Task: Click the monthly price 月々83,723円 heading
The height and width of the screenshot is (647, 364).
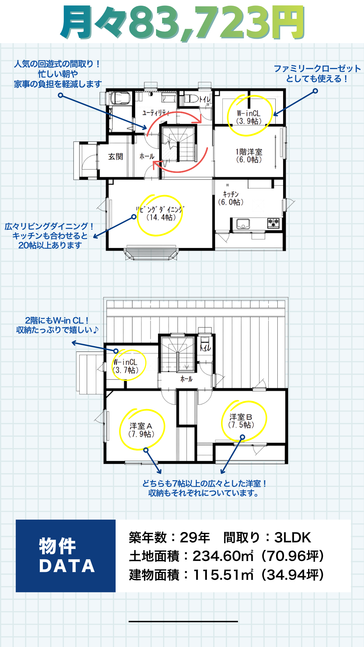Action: pos(182,23)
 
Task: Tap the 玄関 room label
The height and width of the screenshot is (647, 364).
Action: pos(116,157)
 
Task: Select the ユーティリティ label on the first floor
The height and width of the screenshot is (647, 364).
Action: pos(155,113)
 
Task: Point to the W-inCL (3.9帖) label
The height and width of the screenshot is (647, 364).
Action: pos(249,117)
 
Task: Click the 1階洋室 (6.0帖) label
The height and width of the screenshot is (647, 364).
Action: pos(249,156)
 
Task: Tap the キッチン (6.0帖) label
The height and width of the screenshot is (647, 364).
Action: pos(231,198)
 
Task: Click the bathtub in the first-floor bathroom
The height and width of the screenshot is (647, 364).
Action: pos(120,98)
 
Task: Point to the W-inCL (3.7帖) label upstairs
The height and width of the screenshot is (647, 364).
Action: pos(126,366)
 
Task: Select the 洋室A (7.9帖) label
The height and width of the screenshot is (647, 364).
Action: pos(141,430)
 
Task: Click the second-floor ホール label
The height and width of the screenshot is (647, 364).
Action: pos(186,379)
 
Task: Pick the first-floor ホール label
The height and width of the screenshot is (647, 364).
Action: pos(147,156)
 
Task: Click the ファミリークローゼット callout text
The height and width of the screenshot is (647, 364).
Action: pos(317,73)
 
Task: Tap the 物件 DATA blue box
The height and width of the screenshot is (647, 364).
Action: pos(66,556)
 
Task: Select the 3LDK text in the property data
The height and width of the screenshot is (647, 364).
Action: pos(293,537)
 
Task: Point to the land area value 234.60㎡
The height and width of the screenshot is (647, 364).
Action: pos(223,556)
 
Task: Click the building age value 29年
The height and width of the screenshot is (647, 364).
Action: pos(195,537)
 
